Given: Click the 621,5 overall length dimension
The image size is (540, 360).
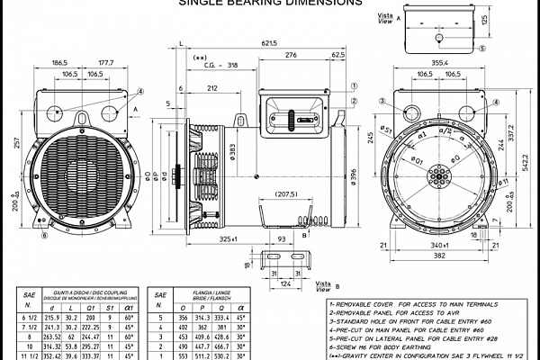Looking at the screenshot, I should point(263,43).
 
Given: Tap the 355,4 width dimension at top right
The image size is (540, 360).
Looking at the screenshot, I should point(440,62).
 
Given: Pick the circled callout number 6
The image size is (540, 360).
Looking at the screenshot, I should point(44,236).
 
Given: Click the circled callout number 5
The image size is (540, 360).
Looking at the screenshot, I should point(481,49).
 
